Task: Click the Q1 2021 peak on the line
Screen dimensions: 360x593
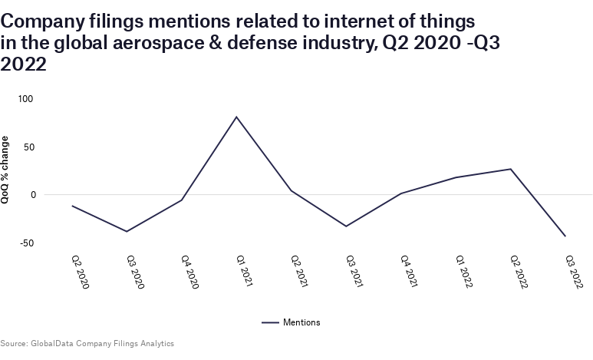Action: tap(236, 117)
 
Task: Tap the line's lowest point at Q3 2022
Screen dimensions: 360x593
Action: tap(565, 236)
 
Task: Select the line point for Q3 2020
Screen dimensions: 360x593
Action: tap(127, 231)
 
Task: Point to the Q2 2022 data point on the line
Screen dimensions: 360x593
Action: tap(511, 169)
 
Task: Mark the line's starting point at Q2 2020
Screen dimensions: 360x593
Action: tap(72, 206)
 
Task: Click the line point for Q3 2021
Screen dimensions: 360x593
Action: tap(346, 226)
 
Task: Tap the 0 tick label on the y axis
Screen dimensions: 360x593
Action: tap(33, 195)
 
